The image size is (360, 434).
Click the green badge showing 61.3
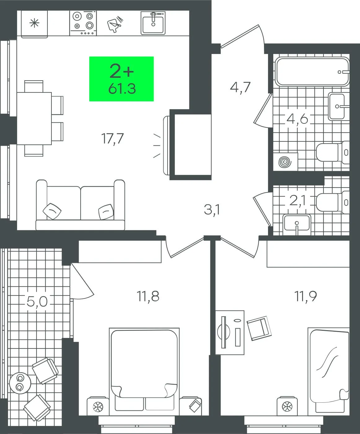(121, 79)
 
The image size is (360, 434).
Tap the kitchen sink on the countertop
(153, 23)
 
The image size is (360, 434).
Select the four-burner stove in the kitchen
(83, 23)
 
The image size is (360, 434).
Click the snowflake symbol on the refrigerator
(34, 23)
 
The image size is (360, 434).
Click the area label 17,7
(112, 139)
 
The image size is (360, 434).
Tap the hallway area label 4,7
(240, 87)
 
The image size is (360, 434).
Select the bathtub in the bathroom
(312, 72)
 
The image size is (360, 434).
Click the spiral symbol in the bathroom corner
(285, 162)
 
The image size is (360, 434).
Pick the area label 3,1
(212, 210)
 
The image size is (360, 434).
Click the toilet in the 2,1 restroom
(333, 202)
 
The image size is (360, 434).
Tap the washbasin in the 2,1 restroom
(297, 225)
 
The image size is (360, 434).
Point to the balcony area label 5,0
(37, 301)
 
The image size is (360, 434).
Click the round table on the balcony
(20, 383)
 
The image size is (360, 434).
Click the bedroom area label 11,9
(305, 296)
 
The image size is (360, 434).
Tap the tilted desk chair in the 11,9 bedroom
(259, 328)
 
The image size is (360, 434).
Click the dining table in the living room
(34, 118)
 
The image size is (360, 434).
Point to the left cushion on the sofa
(52, 211)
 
